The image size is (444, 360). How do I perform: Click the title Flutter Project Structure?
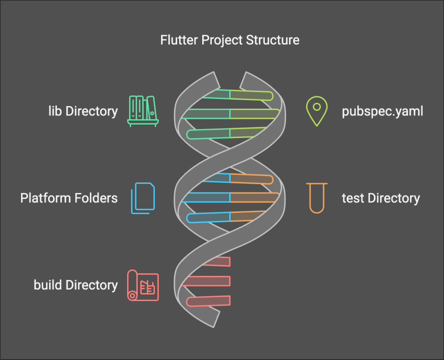click(x=230, y=40)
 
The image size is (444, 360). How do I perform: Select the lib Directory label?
click(x=83, y=111)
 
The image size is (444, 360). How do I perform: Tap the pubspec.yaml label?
click(x=382, y=111)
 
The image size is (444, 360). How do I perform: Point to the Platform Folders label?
click(x=69, y=198)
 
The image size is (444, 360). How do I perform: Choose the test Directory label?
click(x=380, y=198)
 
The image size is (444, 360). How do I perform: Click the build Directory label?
click(x=76, y=285)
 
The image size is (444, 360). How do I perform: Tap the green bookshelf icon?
click(x=143, y=111)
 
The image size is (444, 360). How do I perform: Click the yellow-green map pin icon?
click(x=316, y=111)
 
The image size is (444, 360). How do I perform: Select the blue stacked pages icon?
click(x=143, y=198)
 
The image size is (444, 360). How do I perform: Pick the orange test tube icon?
click(x=316, y=198)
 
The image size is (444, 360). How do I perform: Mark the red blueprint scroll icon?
click(x=143, y=285)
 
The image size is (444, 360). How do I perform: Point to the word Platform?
click(x=45, y=198)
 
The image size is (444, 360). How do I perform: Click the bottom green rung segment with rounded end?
click(x=208, y=133)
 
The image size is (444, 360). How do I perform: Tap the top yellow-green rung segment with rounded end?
click(x=251, y=94)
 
